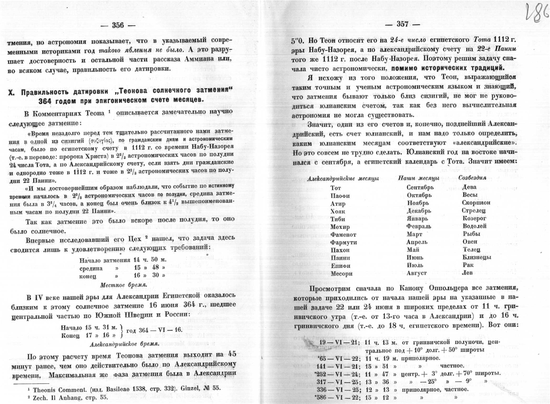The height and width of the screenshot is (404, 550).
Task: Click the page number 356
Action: (118, 25)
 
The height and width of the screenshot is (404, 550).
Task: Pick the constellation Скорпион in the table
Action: (476, 203)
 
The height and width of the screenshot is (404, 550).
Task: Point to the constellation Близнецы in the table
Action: (476, 257)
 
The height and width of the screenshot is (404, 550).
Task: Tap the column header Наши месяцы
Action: (419, 178)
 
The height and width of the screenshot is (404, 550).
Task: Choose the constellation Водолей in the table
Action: (474, 226)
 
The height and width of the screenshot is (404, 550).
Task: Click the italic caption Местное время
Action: (123, 285)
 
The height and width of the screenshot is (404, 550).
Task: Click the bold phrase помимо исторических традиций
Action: (447, 68)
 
